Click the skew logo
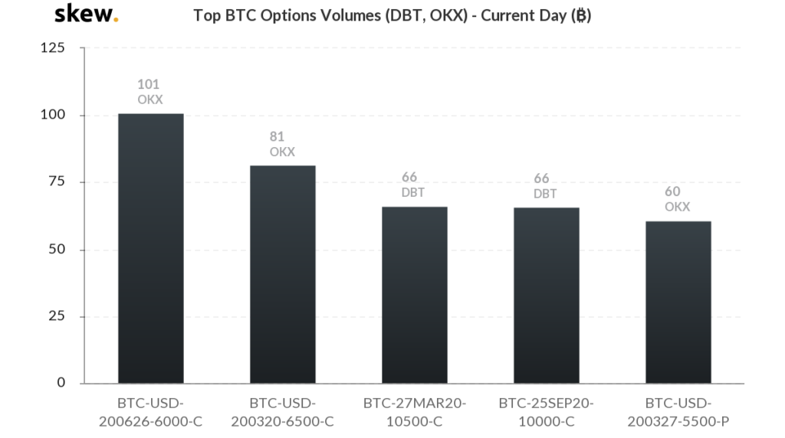click(86, 14)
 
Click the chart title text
click(392, 15)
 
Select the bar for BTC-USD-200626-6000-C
click(151, 249)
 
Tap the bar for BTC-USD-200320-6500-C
click(283, 274)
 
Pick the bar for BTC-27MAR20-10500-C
click(415, 295)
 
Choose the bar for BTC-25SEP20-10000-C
click(547, 296)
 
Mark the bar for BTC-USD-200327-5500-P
click(678, 302)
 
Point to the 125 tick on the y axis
click(53, 47)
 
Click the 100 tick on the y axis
click(53, 115)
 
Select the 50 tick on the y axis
click(57, 249)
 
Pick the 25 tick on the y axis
click(57, 315)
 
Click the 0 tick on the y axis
click(61, 383)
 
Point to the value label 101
click(148, 84)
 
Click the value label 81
click(277, 136)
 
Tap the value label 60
click(672, 191)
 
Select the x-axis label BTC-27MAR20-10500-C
click(415, 413)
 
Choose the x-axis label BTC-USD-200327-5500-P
click(678, 413)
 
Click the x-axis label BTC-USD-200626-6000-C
click(151, 413)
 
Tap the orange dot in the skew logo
click(117, 20)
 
